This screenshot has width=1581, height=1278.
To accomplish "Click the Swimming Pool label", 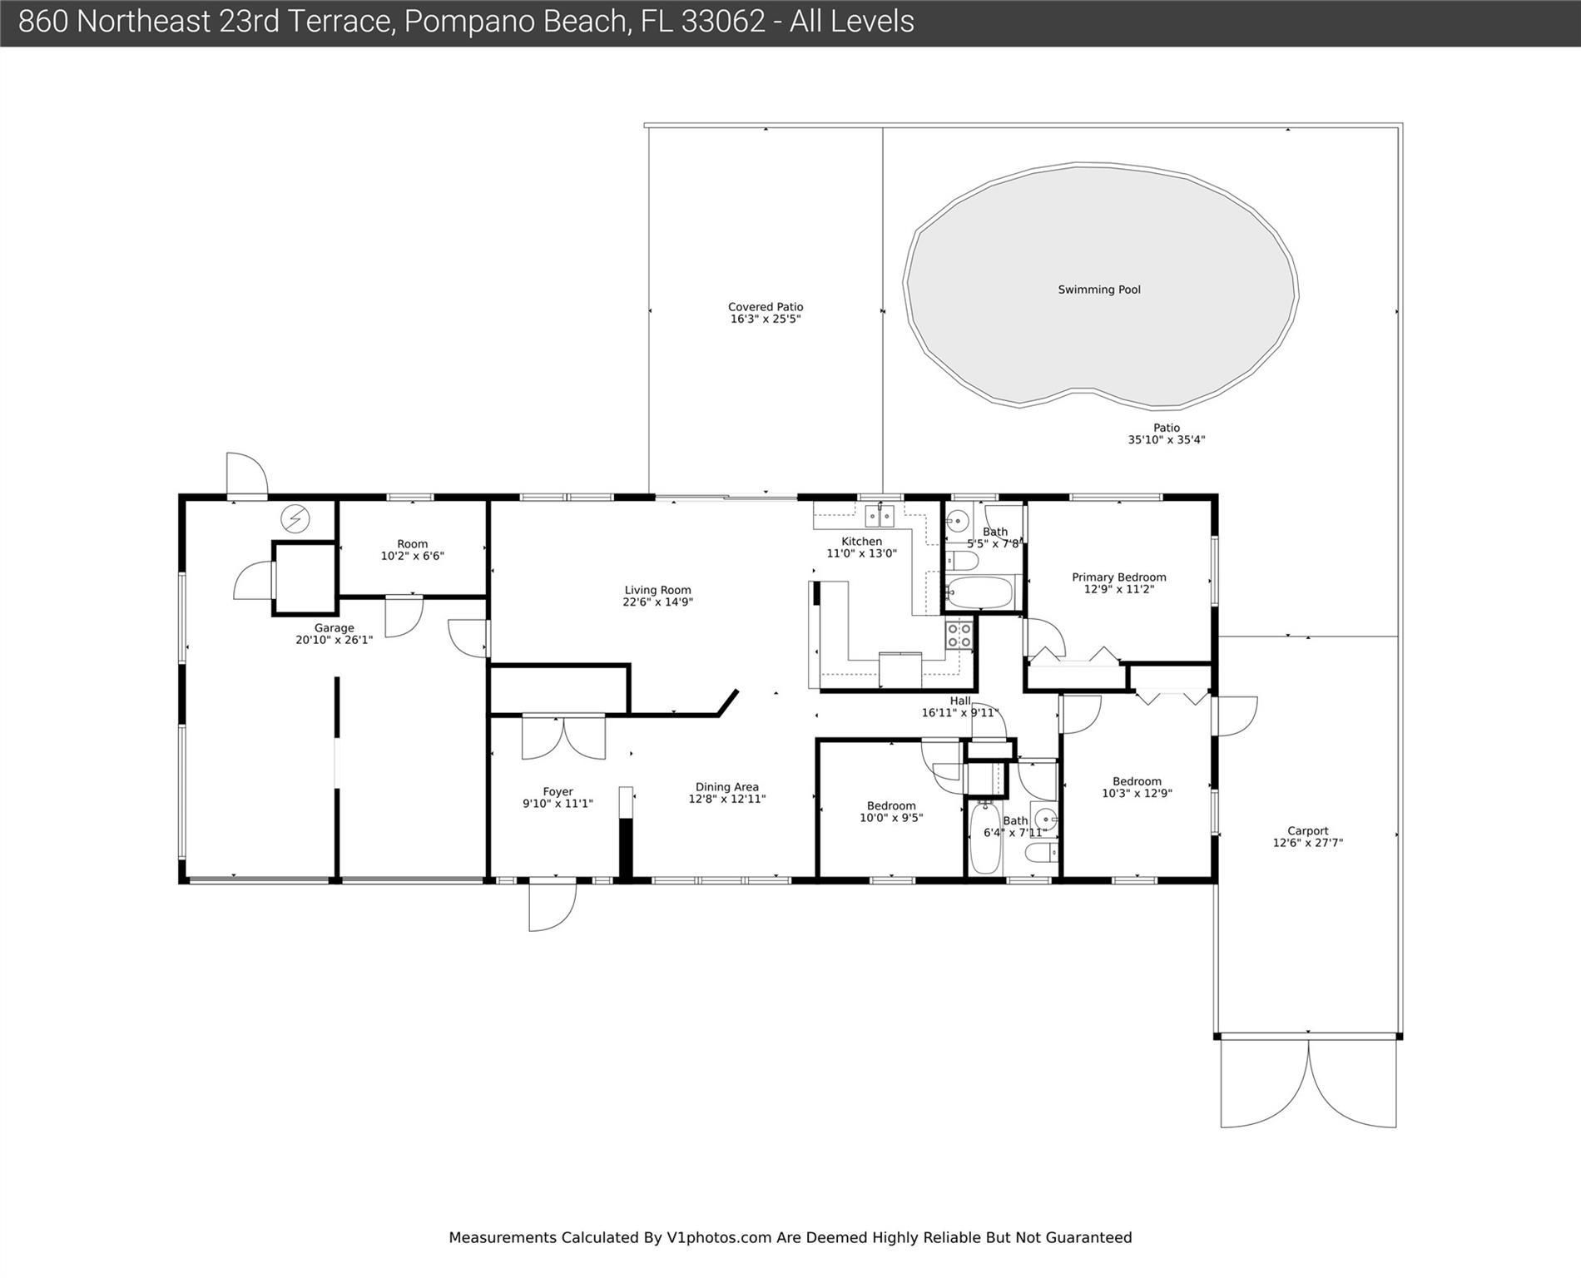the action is click(x=1099, y=290).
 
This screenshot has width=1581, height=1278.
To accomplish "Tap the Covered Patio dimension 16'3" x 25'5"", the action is click(x=766, y=319).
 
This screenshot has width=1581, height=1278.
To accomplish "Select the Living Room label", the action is click(x=657, y=590).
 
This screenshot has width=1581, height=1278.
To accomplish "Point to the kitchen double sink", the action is click(x=880, y=516).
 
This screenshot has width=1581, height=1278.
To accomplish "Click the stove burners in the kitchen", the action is click(x=959, y=635).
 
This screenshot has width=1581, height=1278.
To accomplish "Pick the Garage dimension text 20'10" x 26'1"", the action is click(x=334, y=640).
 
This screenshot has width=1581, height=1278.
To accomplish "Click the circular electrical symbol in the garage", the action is click(x=295, y=519).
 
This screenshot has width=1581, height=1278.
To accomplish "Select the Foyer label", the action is click(x=558, y=792).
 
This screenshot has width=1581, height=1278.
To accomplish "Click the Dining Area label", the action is click(x=726, y=787).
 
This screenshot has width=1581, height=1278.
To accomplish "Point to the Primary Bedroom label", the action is click(x=1119, y=577).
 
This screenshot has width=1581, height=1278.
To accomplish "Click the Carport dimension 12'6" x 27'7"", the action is click(x=1308, y=843).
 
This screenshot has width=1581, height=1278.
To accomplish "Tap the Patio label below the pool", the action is click(x=1167, y=428).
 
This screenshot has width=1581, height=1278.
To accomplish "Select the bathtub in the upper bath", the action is click(x=979, y=593).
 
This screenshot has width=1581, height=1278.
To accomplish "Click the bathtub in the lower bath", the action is click(x=985, y=838).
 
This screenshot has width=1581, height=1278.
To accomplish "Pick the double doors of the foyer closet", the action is click(x=563, y=737).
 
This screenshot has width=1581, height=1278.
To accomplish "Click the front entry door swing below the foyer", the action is click(x=553, y=904).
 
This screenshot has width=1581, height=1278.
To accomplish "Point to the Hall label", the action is click(x=960, y=701).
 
